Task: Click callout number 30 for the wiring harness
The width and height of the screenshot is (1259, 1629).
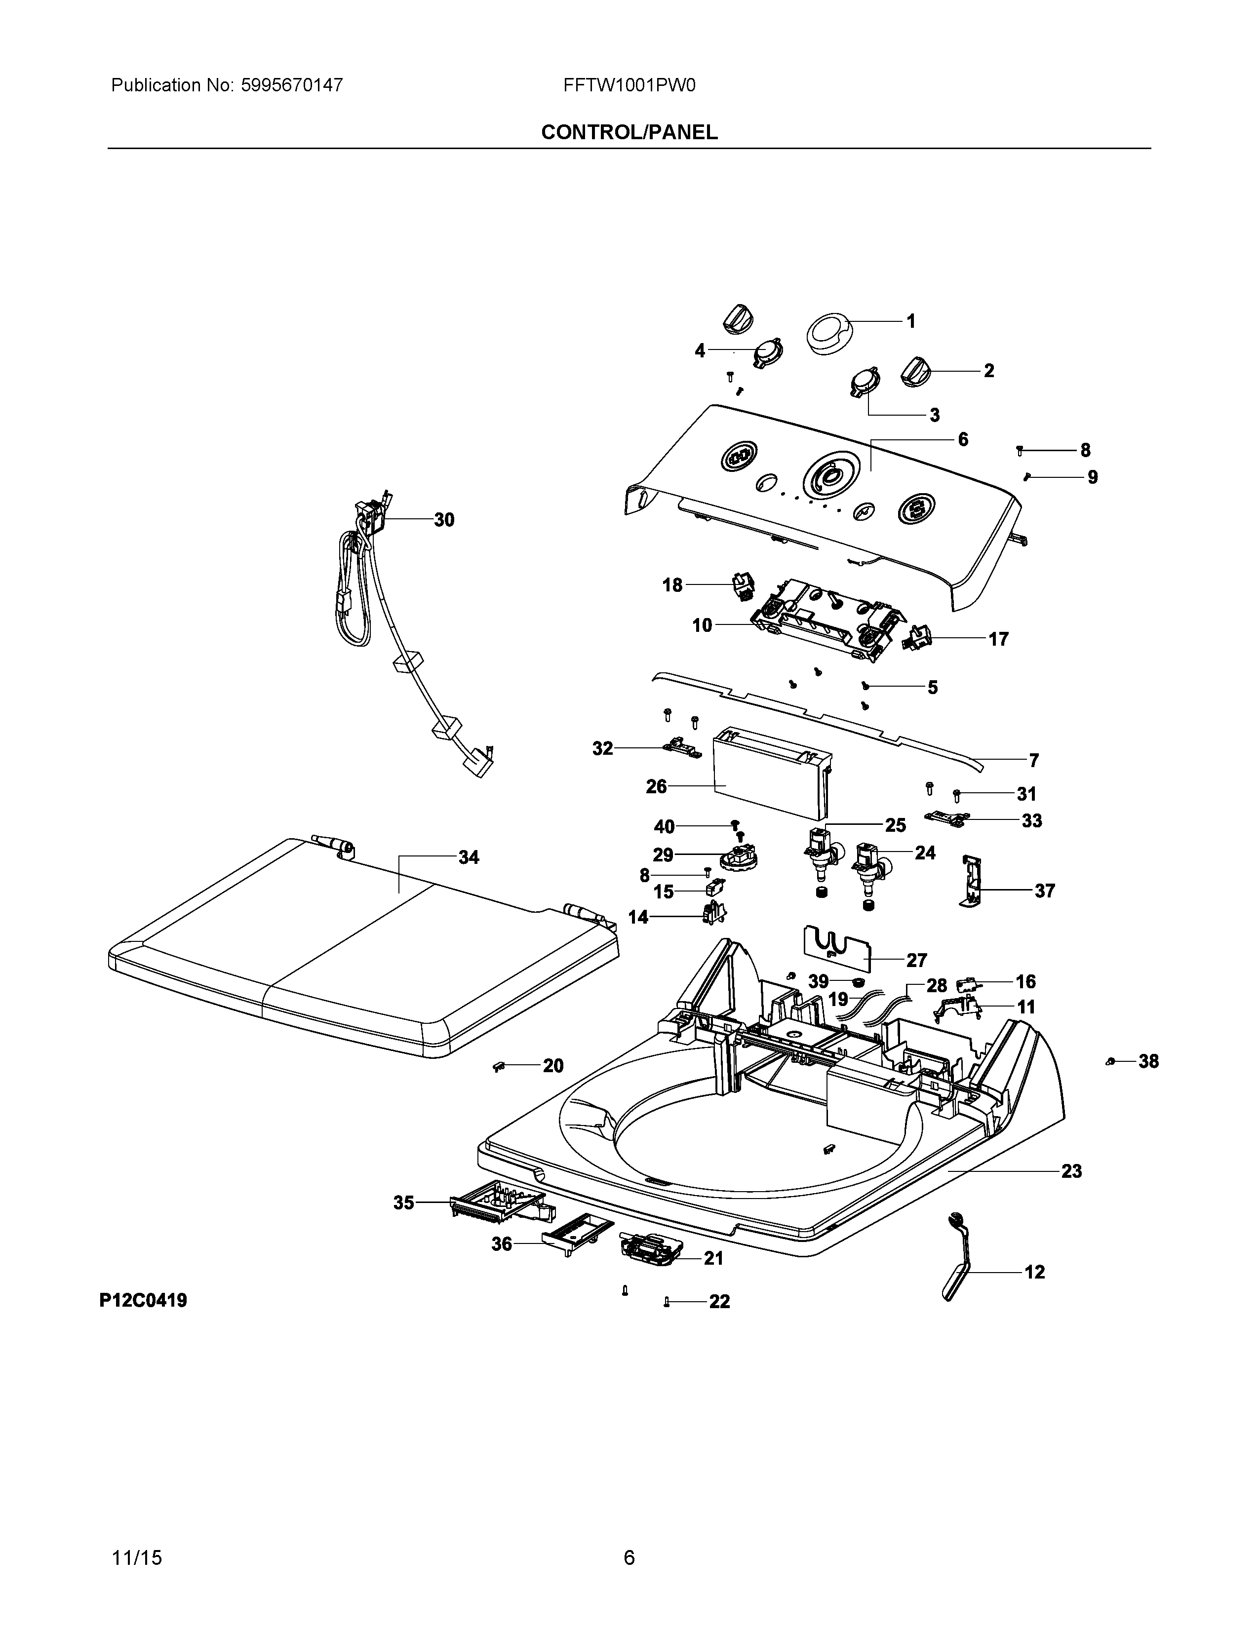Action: pos(444,520)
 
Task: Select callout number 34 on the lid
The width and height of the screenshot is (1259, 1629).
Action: pos(469,858)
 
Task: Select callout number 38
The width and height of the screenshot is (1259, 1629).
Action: pos(1148,1061)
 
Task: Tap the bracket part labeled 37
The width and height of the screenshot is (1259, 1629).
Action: pos(970,883)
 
